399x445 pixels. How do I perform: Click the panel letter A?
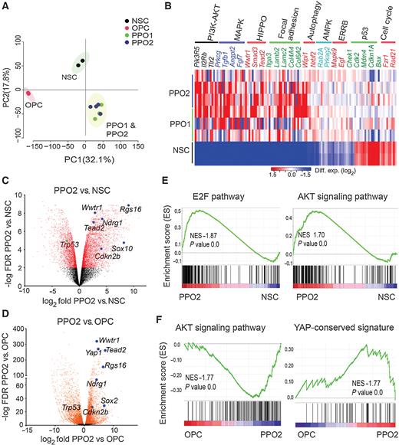(x=6, y=7)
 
